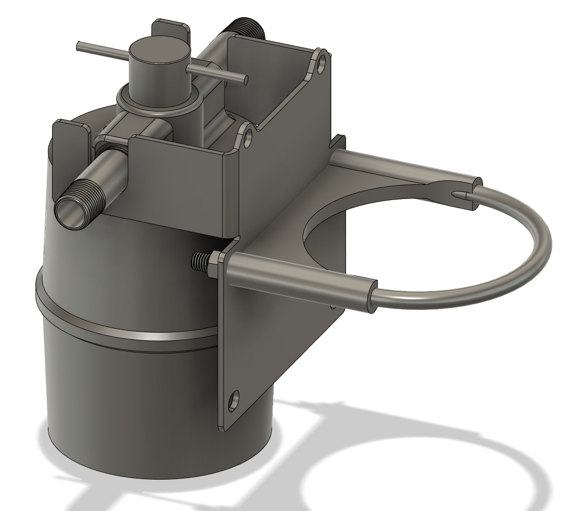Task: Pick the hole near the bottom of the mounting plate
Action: coord(233,401)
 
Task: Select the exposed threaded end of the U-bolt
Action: coord(199,261)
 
